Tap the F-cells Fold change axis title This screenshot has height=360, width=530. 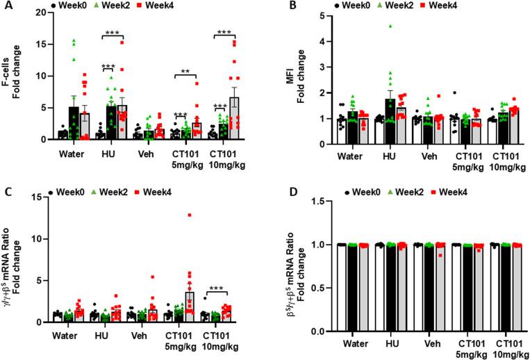point(15,74)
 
